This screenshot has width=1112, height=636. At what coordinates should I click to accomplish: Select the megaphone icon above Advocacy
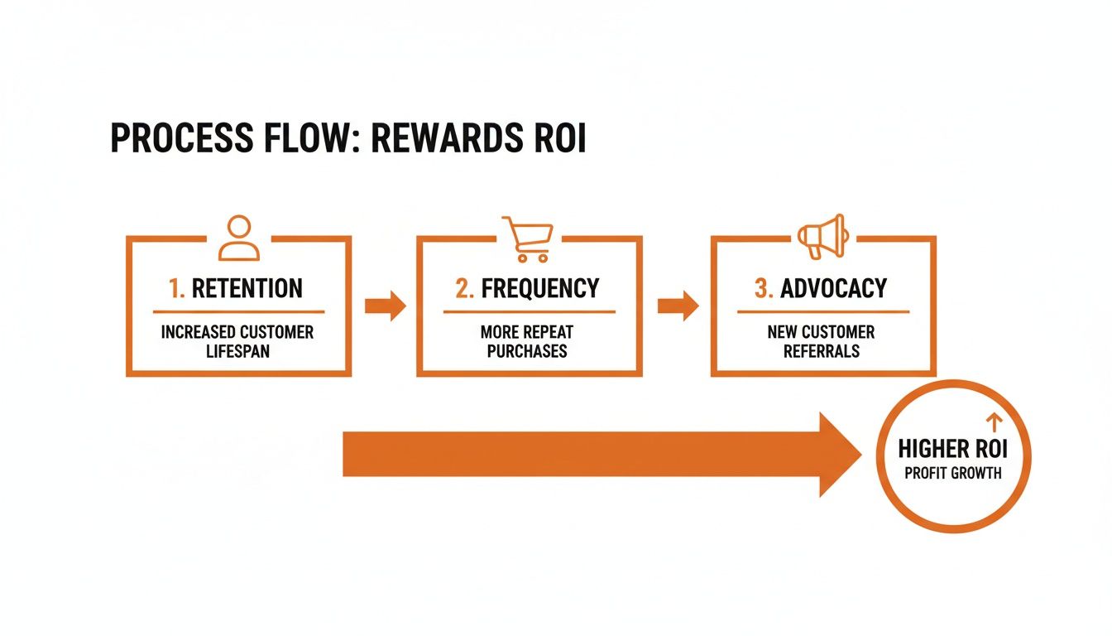pyautogui.click(x=822, y=237)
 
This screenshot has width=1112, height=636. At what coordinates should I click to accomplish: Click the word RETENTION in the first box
pyautogui.click(x=247, y=288)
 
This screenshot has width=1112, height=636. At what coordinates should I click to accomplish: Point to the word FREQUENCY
pyautogui.click(x=539, y=288)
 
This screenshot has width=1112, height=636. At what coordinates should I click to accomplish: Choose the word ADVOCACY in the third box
pyautogui.click(x=833, y=288)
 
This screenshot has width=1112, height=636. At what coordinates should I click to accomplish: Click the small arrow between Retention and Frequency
pyautogui.click(x=385, y=306)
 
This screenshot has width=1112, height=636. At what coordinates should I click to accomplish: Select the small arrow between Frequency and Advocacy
pyautogui.click(x=678, y=306)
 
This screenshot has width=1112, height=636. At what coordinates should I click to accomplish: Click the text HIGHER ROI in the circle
pyautogui.click(x=952, y=450)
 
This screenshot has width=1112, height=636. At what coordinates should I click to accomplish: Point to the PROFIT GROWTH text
pyautogui.click(x=952, y=474)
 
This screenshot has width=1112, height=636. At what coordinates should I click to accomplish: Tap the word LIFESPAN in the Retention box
pyautogui.click(x=237, y=351)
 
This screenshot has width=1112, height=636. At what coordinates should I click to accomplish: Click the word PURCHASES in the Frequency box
pyautogui.click(x=527, y=351)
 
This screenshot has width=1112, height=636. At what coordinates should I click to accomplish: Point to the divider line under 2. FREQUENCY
pyautogui.click(x=529, y=312)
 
